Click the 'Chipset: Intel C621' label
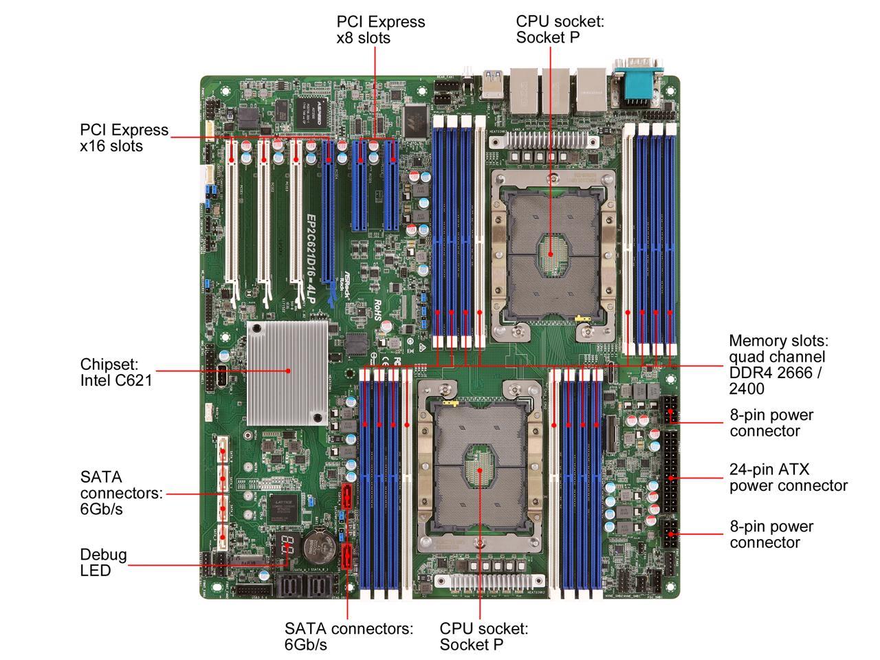tap(115, 371)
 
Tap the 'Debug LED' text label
tap(103, 562)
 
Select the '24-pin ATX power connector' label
tap(788, 478)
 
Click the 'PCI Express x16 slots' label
tap(124, 137)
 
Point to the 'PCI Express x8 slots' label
tap(380, 30)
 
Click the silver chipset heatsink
tap(287, 371)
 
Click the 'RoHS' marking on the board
tap(377, 311)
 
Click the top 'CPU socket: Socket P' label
tap(560, 30)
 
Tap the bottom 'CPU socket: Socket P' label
tap(483, 636)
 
